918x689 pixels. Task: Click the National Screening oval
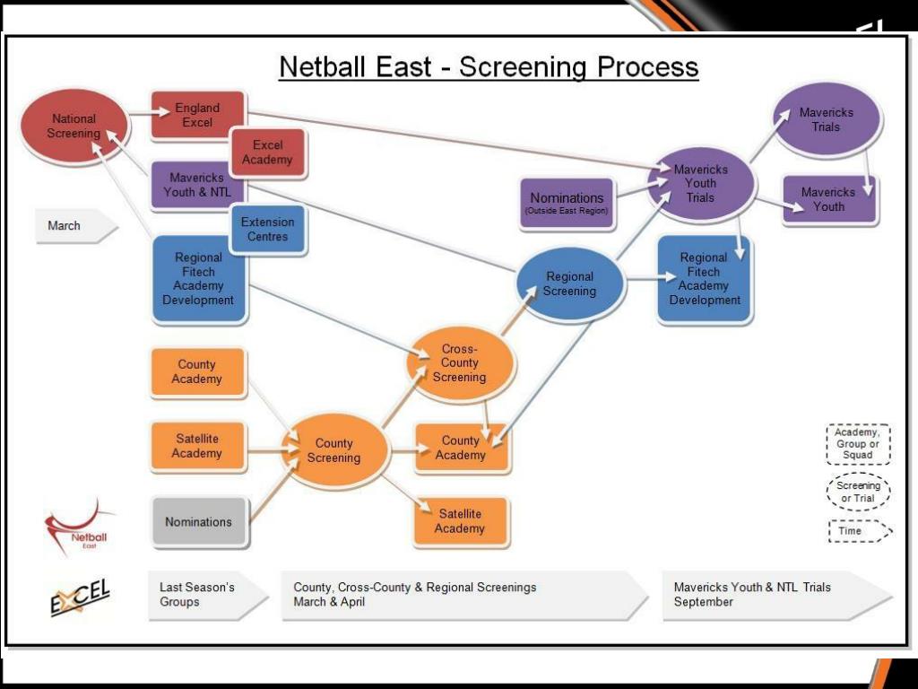(x=74, y=126)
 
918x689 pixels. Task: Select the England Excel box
(x=197, y=116)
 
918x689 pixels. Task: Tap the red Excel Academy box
(x=267, y=153)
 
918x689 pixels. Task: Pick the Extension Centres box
(x=267, y=230)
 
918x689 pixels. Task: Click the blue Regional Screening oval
(x=569, y=283)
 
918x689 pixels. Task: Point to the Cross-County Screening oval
(x=460, y=363)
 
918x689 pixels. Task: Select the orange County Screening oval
(x=334, y=450)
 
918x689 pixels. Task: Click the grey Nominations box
(x=198, y=522)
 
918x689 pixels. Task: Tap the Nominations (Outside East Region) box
(x=567, y=203)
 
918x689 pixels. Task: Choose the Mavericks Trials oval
(x=827, y=119)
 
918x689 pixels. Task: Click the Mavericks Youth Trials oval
(x=701, y=183)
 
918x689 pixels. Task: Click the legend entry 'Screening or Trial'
(x=858, y=492)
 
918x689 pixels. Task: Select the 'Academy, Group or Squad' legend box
(x=858, y=444)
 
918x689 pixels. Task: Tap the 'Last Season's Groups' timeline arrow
(x=204, y=595)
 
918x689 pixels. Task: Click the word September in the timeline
(x=704, y=602)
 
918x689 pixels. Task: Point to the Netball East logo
(x=81, y=530)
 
